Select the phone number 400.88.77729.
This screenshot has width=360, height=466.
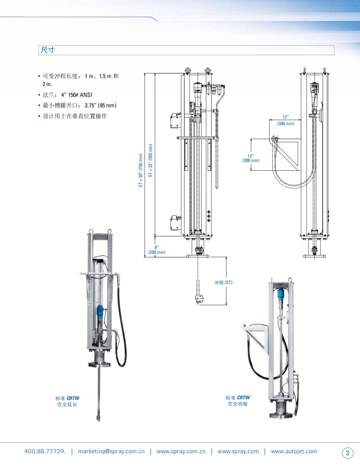[x=45, y=451]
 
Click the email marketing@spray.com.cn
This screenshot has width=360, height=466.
[x=111, y=451]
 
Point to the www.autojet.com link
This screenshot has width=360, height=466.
[x=294, y=451]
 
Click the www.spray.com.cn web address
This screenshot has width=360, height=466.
[x=181, y=451]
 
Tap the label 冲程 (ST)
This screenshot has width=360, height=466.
[x=223, y=282]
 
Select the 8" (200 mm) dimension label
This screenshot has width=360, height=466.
[x=157, y=249]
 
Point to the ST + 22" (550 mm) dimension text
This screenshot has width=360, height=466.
[x=151, y=161]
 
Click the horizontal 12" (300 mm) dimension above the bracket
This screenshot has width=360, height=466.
[x=286, y=120]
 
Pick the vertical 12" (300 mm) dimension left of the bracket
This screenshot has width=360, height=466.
[x=251, y=158]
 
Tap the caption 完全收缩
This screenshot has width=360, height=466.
[x=237, y=404]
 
